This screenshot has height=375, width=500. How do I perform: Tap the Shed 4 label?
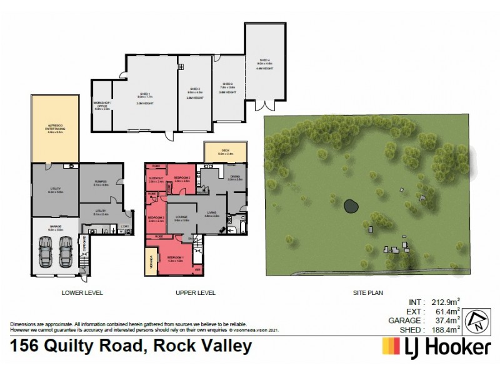[x=265, y=65]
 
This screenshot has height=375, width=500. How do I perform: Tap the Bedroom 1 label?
[x=174, y=259]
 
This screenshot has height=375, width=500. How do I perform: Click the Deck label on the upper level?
[x=225, y=152]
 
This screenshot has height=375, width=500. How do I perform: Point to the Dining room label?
[x=235, y=178]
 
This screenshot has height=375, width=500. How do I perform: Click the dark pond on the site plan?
[x=351, y=205]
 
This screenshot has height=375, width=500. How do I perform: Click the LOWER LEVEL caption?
[x=82, y=292]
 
